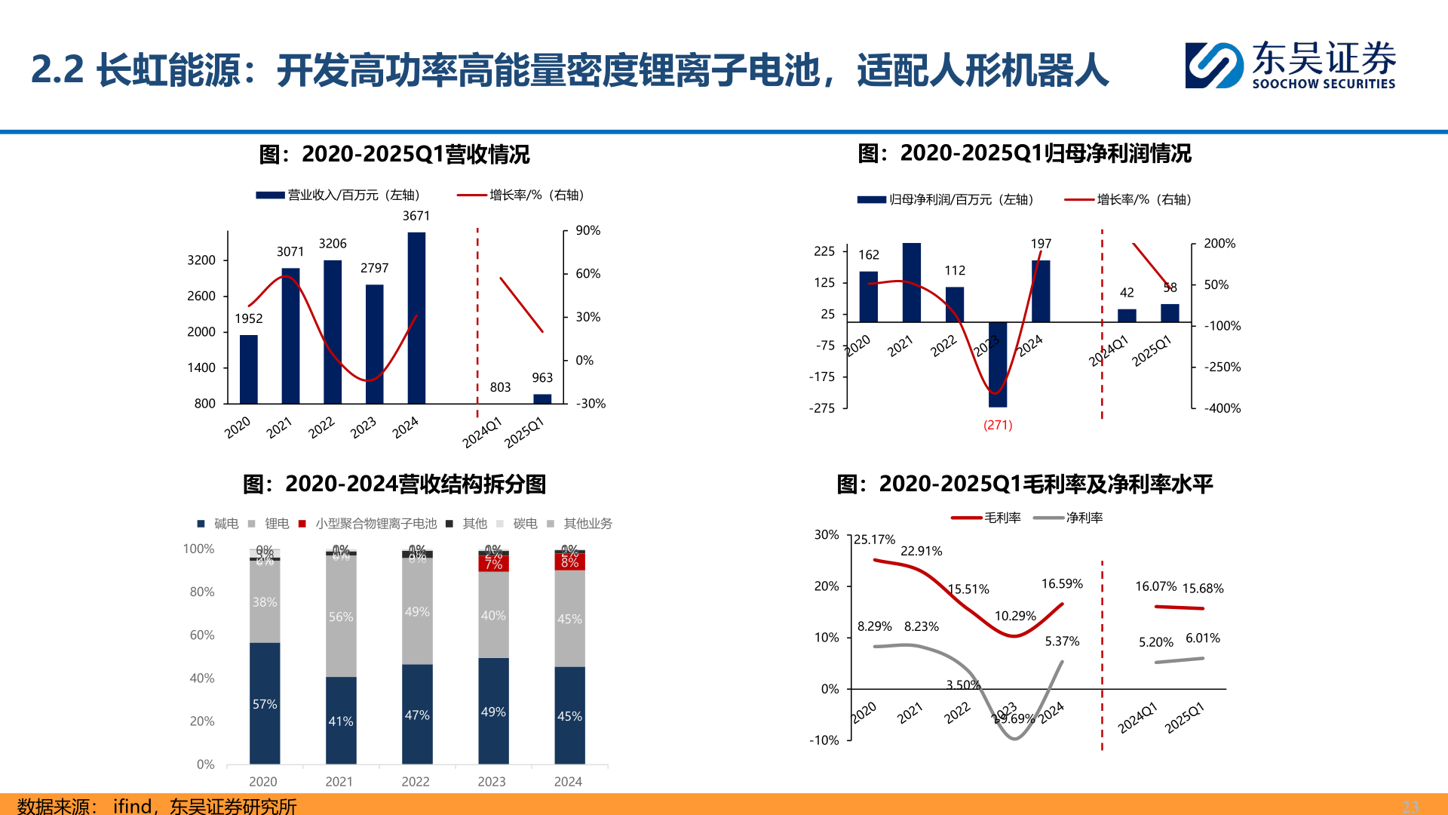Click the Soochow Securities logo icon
pos(1213,66)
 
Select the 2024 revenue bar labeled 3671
pos(416,317)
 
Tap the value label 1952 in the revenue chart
pos(249,318)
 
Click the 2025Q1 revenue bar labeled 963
pos(542,398)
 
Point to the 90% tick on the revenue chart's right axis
pos(587,231)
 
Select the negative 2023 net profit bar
pos(998,364)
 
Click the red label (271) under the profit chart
pos(998,425)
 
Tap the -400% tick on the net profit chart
pos(1222,408)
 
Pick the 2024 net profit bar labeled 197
pos(1041,291)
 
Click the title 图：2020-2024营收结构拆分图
pos(394,484)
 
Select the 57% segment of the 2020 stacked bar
pos(265,703)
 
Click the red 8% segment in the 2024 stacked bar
pos(569,562)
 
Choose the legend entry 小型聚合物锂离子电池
pos(376,524)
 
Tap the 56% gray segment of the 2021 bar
pos(341,617)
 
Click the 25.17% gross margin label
pos(874,540)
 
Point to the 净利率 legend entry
pos(1084,518)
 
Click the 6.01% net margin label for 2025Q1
pos(1202,638)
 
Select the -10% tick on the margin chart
pos(824,740)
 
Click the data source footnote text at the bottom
pos(157,805)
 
